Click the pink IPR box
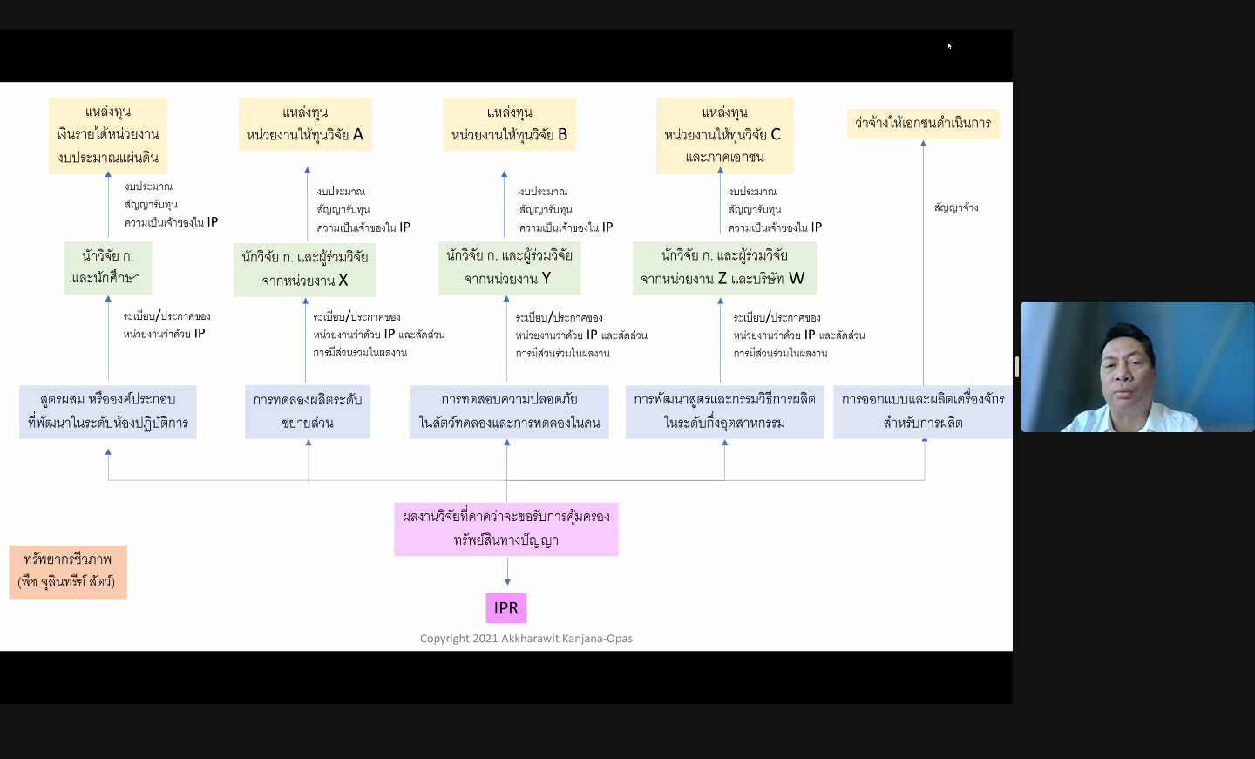[x=505, y=607]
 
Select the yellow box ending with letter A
[x=305, y=125]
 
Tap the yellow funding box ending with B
[x=509, y=125]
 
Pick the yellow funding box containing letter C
[x=724, y=136]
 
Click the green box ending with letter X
[x=305, y=269]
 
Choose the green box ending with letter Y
[x=509, y=268]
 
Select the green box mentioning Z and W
[x=724, y=268]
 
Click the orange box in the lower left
[x=68, y=572]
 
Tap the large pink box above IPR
[x=505, y=529]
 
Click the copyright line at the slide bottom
[x=526, y=639]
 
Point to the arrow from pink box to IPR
[x=507, y=571]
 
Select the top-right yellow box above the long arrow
[x=923, y=124]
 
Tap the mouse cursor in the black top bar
[x=949, y=46]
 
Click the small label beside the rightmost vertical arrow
[x=956, y=207]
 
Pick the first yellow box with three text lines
[x=107, y=136]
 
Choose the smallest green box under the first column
[x=107, y=268]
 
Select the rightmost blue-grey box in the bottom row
[x=923, y=411]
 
